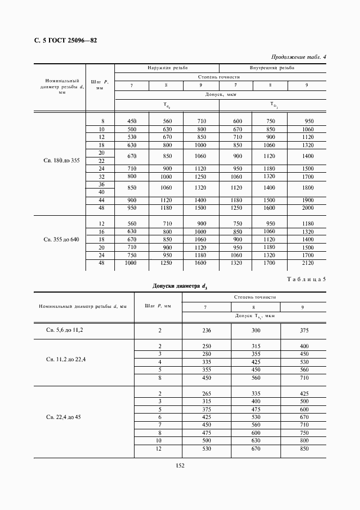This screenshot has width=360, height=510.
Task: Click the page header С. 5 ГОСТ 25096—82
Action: tap(62, 40)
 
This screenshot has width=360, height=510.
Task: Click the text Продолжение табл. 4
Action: tap(298, 57)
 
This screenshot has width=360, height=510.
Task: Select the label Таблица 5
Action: tap(306, 279)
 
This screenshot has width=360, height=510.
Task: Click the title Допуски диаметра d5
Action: tap(180, 286)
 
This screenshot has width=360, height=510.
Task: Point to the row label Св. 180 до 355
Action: tap(61, 161)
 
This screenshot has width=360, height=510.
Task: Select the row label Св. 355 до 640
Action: tap(61, 239)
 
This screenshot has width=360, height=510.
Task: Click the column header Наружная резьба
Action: tap(167, 69)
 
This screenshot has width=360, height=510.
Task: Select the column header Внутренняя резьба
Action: tap(272, 69)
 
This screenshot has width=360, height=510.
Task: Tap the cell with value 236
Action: tap(206, 330)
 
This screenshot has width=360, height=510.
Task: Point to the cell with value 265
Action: tap(206, 393)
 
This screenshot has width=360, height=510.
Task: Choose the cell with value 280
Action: tap(206, 354)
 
